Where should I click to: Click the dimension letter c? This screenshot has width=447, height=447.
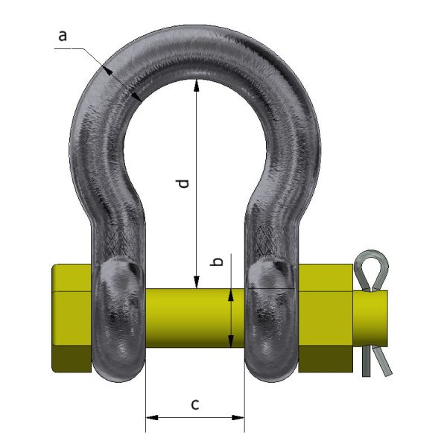pyautogui.click(x=195, y=405)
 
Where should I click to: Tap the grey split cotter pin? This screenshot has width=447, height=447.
pyautogui.click(x=372, y=313)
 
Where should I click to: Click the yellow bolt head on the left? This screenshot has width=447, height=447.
pyautogui.click(x=72, y=318)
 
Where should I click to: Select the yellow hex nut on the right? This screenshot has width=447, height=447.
pyautogui.click(x=325, y=318)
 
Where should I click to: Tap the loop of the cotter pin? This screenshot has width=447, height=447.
pyautogui.click(x=370, y=267)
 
